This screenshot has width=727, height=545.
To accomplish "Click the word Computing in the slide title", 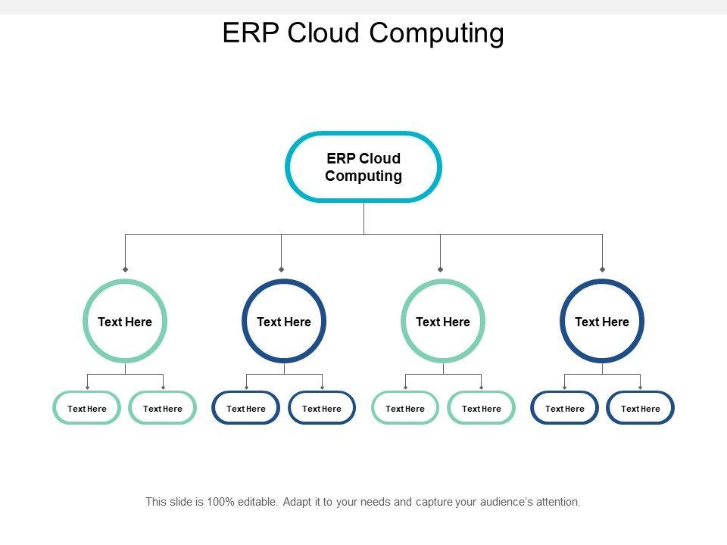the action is coord(436,33).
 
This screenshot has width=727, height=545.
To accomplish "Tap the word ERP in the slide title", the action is coord(251,33).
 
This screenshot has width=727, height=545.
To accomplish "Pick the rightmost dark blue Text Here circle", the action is coord(561,322).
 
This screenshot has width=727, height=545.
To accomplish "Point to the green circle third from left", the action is coord(402,322).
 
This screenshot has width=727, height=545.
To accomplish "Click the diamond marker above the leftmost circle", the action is coord(125,269).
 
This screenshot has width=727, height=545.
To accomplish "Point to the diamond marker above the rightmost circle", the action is coord(602,269).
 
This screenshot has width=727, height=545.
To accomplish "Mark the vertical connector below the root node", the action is coord(364,218).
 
